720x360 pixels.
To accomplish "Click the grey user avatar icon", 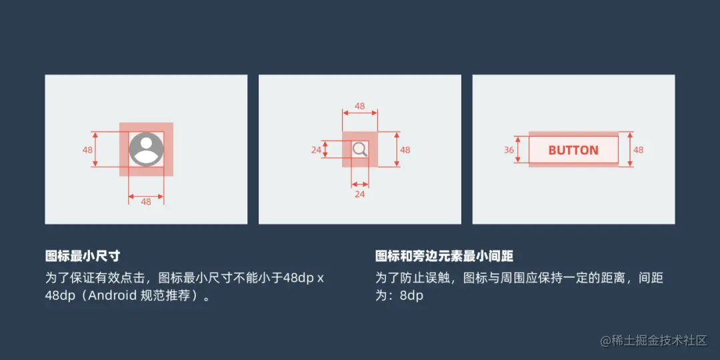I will click(x=146, y=149).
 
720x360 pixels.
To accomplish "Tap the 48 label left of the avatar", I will click(x=87, y=150).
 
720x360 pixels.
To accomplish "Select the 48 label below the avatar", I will click(x=146, y=201).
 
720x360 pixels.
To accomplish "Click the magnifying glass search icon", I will click(x=360, y=149).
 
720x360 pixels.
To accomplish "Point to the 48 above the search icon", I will click(x=359, y=106).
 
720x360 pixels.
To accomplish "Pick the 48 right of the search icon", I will click(x=405, y=150).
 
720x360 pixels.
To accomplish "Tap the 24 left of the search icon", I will click(x=316, y=150).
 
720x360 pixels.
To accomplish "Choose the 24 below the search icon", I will click(x=359, y=195).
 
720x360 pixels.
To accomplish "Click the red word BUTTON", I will click(x=573, y=150).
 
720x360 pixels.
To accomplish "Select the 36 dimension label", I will click(x=509, y=150).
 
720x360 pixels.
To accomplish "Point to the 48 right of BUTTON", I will click(x=639, y=150).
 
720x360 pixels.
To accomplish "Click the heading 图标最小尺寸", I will click(x=83, y=256).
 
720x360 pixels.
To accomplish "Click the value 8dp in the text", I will click(x=412, y=295).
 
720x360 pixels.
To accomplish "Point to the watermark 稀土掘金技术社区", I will click(x=653, y=341).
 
